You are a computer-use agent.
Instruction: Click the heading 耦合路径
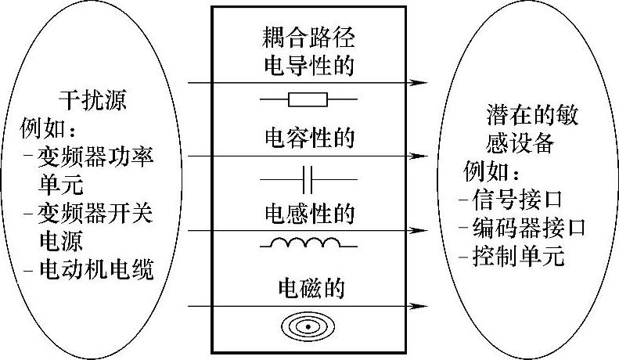[x=308, y=35]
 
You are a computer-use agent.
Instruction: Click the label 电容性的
[x=308, y=139]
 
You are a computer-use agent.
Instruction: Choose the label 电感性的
[x=308, y=213]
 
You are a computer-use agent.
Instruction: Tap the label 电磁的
[x=308, y=289]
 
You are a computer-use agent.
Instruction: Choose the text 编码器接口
[x=530, y=228]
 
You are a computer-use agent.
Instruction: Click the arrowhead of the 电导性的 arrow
[x=423, y=81]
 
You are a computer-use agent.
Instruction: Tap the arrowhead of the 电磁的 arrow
[x=423, y=305]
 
